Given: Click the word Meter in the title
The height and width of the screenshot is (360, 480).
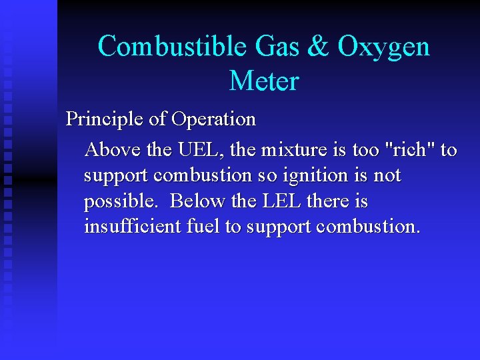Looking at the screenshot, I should pos(264,81).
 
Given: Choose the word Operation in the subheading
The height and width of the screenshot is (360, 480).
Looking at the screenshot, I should pos(213,120).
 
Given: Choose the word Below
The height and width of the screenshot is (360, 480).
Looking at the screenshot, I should pos(197,201).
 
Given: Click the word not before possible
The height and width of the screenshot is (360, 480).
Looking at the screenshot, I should pos(387,176).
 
